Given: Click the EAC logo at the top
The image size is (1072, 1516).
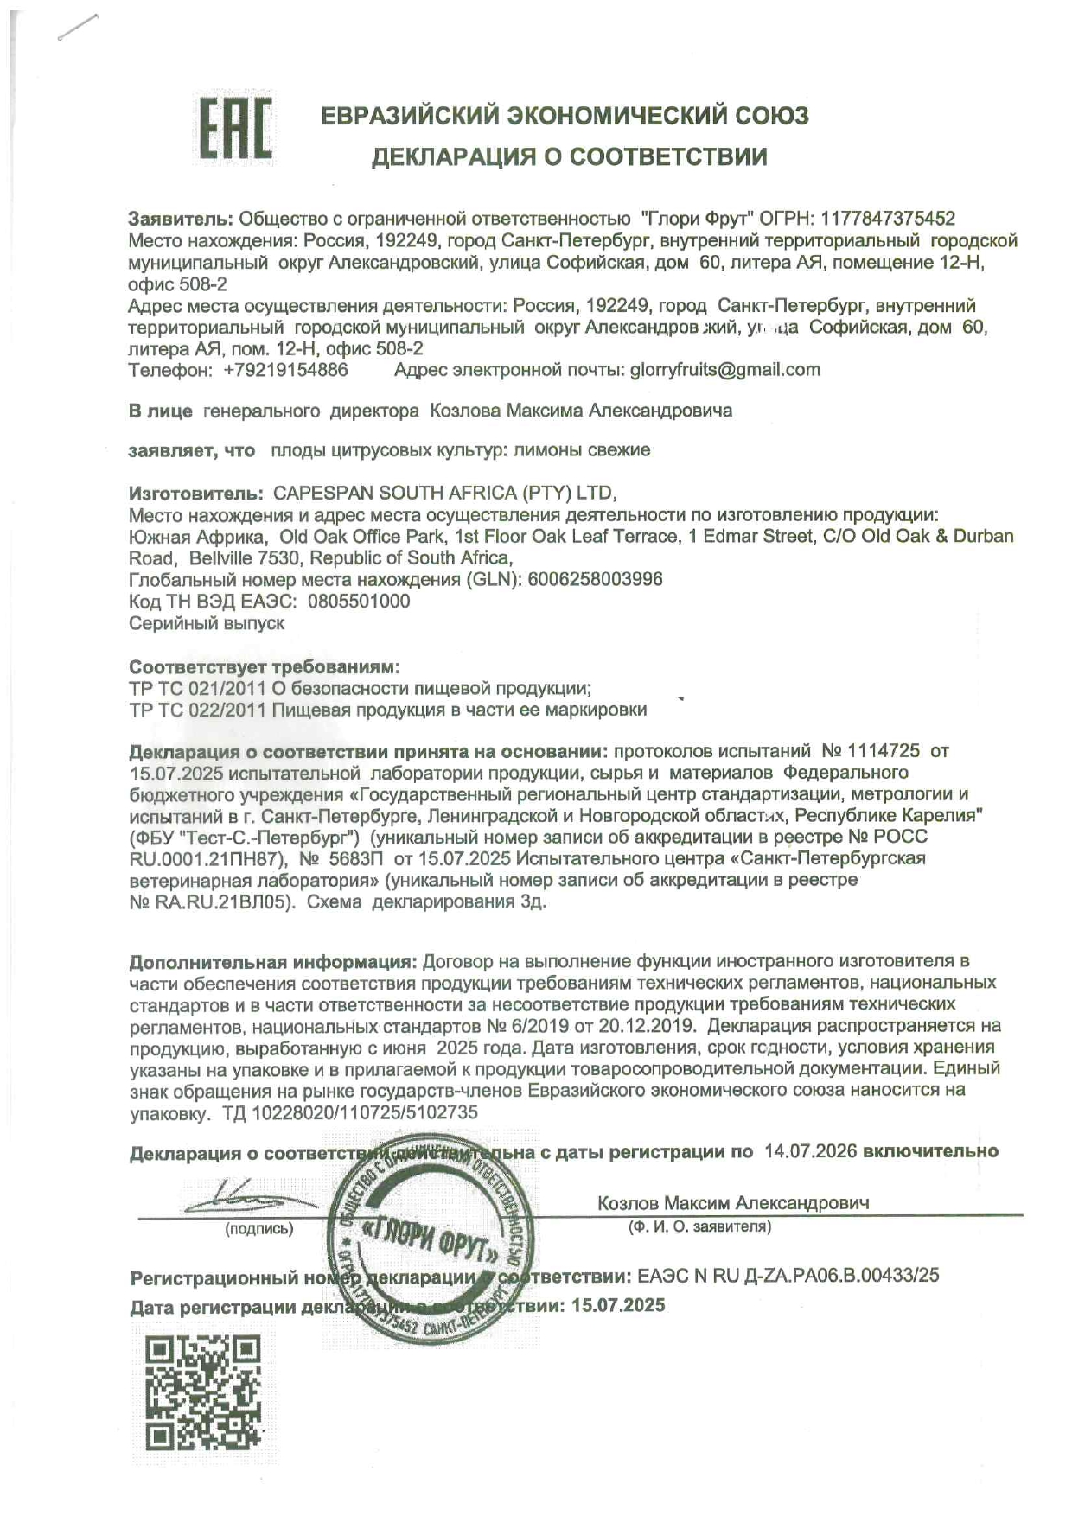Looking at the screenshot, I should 235,129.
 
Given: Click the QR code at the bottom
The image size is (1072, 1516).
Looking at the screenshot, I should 203,1392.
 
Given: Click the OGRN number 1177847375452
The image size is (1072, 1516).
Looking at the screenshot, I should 888,219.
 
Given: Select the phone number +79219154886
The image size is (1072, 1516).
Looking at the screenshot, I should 285,370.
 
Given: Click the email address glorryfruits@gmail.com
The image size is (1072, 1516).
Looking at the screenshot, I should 724,370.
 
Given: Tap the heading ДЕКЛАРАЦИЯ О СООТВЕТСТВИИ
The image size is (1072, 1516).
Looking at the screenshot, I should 569,156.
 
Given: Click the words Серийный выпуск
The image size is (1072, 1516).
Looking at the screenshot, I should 207,623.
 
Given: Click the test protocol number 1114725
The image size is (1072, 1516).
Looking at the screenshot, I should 883,751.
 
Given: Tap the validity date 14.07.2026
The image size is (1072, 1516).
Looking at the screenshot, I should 810,1151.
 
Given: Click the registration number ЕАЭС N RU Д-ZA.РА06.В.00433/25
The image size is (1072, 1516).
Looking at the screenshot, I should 788,1276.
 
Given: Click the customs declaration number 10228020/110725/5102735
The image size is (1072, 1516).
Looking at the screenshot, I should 364,1112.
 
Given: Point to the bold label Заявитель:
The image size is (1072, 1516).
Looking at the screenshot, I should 181,219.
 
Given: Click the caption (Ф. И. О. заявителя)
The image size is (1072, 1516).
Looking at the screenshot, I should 699,1226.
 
